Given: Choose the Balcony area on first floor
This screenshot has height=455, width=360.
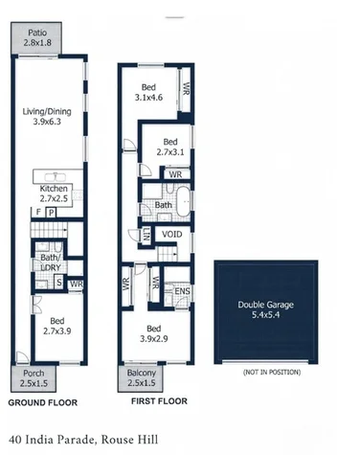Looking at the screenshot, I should pos(143,378).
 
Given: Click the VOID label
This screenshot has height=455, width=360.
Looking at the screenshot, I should pos(172,234).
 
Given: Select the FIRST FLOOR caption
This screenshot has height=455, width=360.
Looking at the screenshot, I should pos(158,402).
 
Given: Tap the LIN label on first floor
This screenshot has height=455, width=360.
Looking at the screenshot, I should pos(146,234).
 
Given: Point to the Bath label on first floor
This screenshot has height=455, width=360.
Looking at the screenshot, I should pos(164,205).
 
